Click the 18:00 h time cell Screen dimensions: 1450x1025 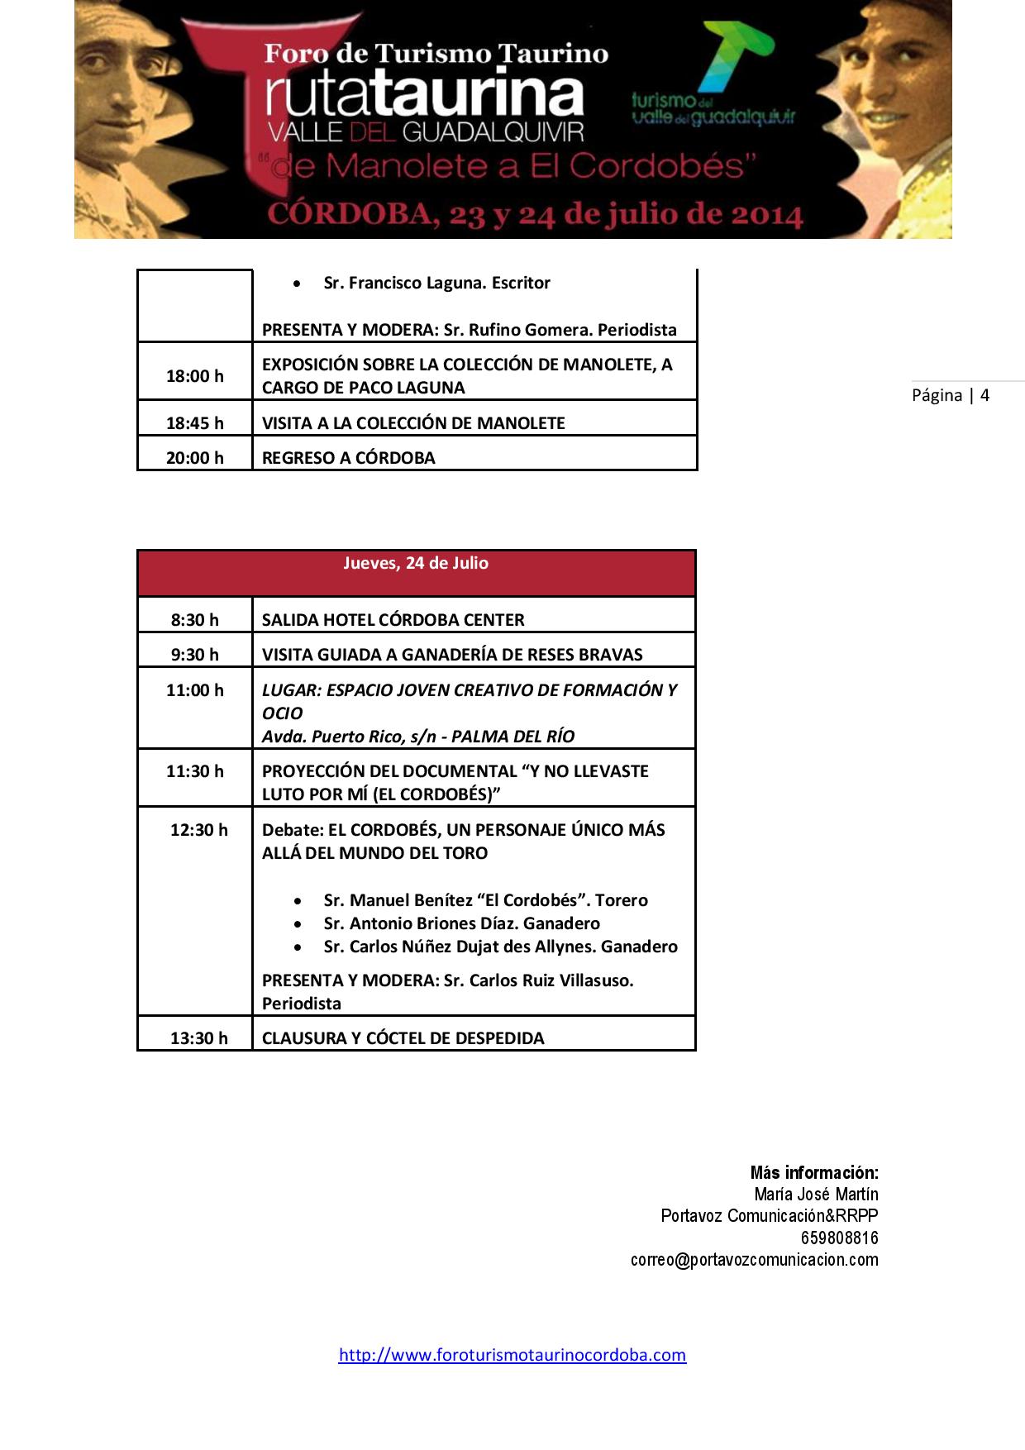tap(194, 376)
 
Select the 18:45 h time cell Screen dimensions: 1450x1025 tap(194, 423)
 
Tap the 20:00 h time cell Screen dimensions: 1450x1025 tap(194, 458)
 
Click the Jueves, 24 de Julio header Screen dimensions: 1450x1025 tap(416, 564)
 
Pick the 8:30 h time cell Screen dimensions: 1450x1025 tap(194, 620)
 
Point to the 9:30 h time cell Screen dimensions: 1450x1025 tap(194, 655)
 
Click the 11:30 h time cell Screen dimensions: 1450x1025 tap(194, 771)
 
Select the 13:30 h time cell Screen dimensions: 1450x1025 tap(198, 1038)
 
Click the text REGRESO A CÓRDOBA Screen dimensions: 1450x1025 tap(348, 458)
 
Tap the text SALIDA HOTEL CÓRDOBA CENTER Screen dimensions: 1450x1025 tap(393, 620)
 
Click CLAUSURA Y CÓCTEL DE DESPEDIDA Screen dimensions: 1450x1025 tap(403, 1038)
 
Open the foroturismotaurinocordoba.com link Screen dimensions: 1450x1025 tap(512, 1355)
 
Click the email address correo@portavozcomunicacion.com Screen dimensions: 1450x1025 tap(754, 1260)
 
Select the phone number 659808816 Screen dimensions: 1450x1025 tap(839, 1238)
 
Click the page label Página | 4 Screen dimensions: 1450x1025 tap(950, 395)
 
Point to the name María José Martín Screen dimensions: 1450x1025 tap(816, 1195)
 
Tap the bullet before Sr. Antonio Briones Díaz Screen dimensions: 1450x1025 tap(298, 924)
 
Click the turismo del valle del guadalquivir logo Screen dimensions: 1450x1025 tap(713, 79)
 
